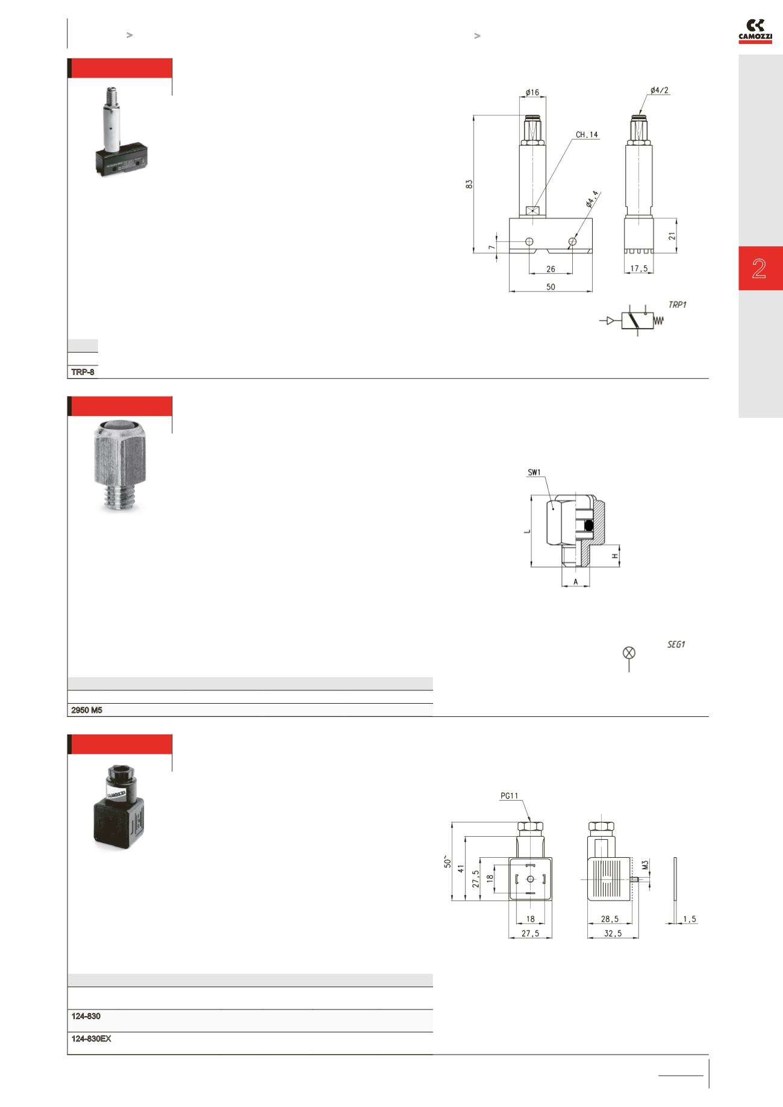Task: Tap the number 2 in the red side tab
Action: [759, 268]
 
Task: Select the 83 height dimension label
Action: [469, 183]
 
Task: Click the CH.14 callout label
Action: [587, 135]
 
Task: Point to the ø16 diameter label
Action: [532, 92]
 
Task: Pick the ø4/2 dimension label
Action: [660, 91]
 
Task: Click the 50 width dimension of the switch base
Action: [551, 287]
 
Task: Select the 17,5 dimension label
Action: [638, 269]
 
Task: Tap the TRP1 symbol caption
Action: [677, 305]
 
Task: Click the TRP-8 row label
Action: [83, 372]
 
